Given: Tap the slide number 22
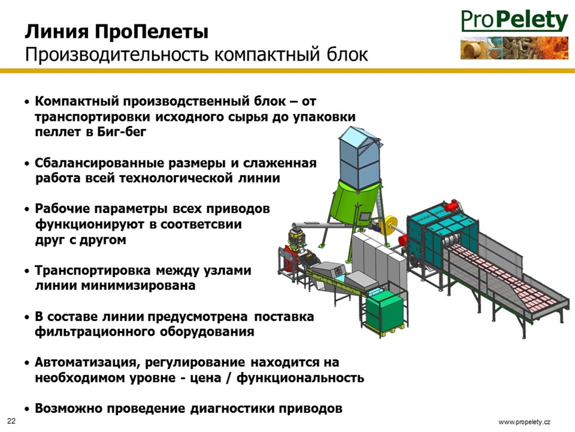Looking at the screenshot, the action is coord(11,421).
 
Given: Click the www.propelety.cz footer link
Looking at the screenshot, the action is coord(524,422).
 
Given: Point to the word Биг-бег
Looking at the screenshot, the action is coord(122,132).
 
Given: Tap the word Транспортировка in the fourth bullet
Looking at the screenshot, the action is coord(93,270).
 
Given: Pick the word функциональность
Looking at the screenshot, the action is coord(300,377).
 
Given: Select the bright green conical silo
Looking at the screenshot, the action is coord(355,204).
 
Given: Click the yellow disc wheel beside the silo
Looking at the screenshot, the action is coord(391,227).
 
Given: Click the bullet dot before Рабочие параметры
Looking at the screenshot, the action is coord(27,209).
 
